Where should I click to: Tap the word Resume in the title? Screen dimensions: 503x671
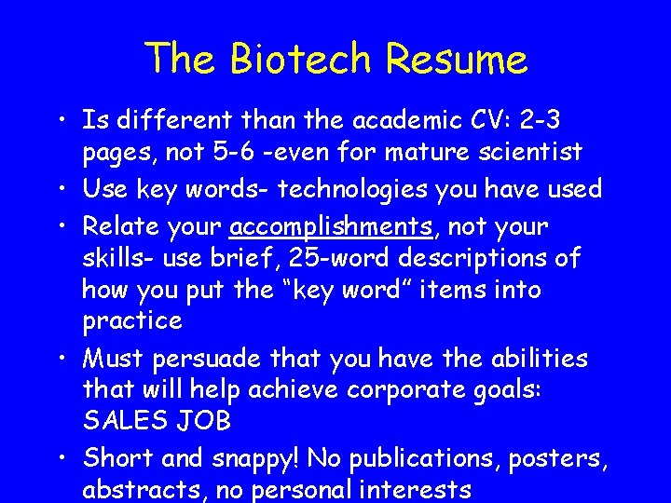[457, 60]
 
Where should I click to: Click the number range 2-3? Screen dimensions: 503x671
[543, 120]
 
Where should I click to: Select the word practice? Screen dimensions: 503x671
[132, 321]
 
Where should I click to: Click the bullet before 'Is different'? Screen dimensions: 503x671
[61, 120]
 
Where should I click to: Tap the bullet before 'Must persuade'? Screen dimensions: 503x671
[61, 359]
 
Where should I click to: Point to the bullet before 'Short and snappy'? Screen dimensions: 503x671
[61, 458]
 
